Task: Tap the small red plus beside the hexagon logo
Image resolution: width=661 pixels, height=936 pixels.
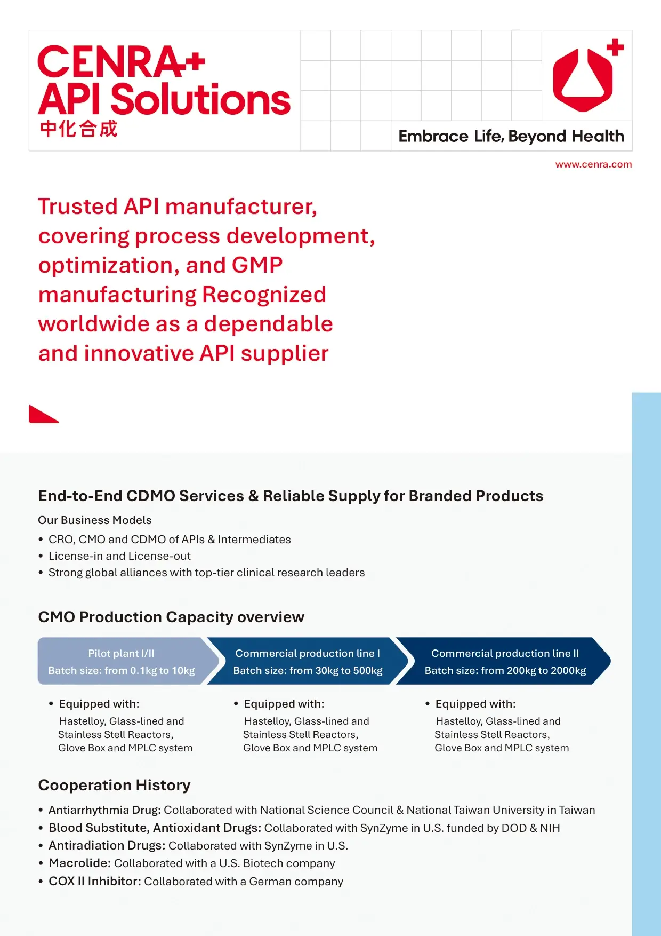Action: click(x=615, y=47)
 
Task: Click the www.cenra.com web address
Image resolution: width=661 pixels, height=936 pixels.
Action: click(x=593, y=164)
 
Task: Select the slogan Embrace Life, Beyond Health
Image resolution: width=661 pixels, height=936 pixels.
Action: click(x=511, y=137)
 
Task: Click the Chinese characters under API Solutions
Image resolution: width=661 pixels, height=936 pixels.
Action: click(x=78, y=129)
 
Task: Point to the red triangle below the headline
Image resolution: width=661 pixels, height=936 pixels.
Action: click(x=42, y=415)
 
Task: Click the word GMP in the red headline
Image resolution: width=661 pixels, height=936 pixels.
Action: click(x=257, y=265)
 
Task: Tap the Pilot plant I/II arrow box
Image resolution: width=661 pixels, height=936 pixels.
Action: click(x=122, y=661)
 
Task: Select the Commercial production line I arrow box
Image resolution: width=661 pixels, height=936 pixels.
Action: click(x=308, y=661)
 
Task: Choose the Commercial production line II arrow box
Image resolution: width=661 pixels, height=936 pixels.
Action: click(x=504, y=661)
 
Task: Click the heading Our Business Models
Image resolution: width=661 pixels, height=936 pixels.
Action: click(x=95, y=520)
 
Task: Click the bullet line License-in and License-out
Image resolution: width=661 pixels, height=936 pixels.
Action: click(x=119, y=556)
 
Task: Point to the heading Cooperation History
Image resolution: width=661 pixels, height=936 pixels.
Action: click(x=114, y=786)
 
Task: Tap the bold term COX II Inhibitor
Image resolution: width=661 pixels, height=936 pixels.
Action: click(x=94, y=881)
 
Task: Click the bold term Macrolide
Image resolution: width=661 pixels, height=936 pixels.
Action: click(x=79, y=863)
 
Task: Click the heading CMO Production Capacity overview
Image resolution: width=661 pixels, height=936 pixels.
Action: click(x=171, y=617)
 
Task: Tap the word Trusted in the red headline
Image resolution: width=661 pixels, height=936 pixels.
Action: click(x=78, y=207)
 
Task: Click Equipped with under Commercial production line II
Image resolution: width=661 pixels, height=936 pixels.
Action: click(x=475, y=704)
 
